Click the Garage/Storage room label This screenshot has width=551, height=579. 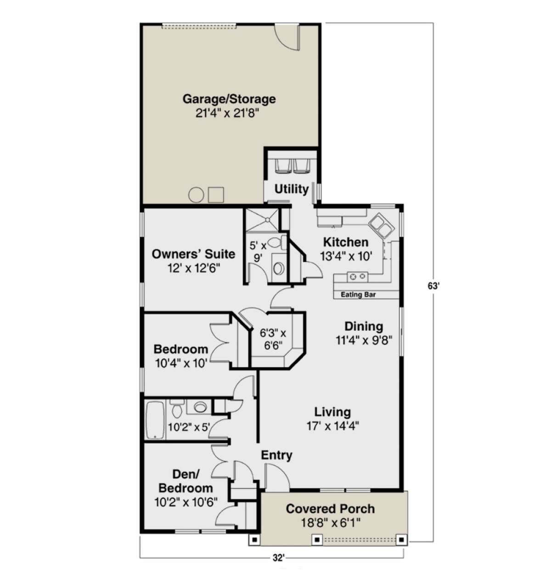pyautogui.click(x=229, y=99)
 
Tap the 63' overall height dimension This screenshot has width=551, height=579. pyautogui.click(x=433, y=286)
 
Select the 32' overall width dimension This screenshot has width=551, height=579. pyautogui.click(x=278, y=558)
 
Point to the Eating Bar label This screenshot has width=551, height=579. pyautogui.click(x=358, y=295)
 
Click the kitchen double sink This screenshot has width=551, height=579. pyautogui.click(x=381, y=225)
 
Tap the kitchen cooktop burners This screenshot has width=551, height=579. pyautogui.click(x=358, y=277)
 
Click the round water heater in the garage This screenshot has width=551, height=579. pyautogui.click(x=196, y=195)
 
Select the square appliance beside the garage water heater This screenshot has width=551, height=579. pyautogui.click(x=216, y=195)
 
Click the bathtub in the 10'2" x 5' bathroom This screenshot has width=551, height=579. pyautogui.click(x=155, y=420)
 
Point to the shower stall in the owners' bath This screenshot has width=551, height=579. pyautogui.click(x=262, y=220)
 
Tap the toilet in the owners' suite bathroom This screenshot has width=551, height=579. pyautogui.click(x=277, y=242)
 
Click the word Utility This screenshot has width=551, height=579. pyautogui.click(x=292, y=189)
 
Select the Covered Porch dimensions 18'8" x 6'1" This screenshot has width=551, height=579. pyautogui.click(x=330, y=523)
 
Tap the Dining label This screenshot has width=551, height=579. pyautogui.click(x=364, y=326)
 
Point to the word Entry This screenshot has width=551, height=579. pyautogui.click(x=277, y=455)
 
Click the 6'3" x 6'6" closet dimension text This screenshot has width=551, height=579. pyautogui.click(x=273, y=339)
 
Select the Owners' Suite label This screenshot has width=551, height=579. pyautogui.click(x=193, y=254)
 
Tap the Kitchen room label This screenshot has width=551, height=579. pyautogui.click(x=346, y=242)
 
